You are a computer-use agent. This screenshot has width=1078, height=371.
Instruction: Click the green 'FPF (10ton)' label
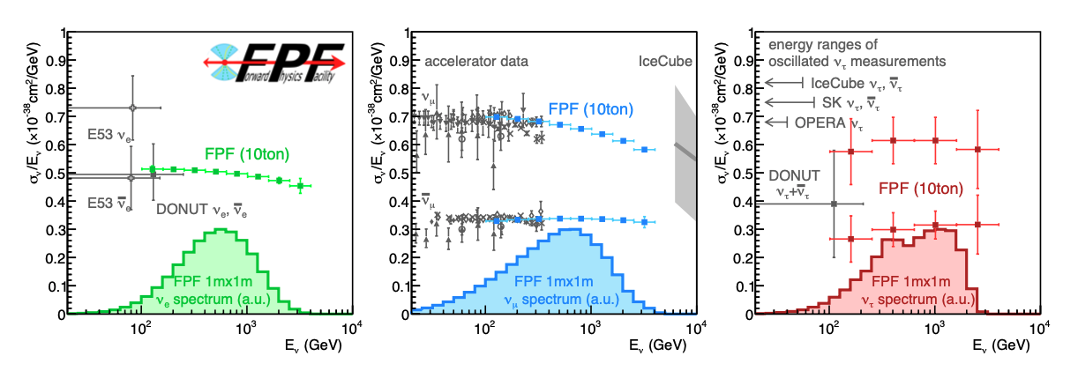click(247, 154)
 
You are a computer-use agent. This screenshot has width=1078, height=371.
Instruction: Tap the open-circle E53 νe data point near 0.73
click(131, 108)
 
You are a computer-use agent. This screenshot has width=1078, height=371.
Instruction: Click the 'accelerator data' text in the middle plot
click(476, 62)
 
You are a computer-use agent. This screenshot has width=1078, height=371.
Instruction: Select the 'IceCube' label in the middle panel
click(665, 62)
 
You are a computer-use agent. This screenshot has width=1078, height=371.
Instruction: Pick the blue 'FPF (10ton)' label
click(590, 108)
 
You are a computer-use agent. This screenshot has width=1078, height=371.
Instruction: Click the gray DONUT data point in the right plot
click(834, 204)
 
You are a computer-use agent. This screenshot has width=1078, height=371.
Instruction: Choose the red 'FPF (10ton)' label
click(922, 188)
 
